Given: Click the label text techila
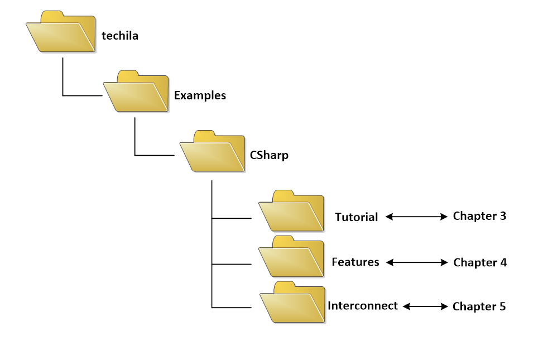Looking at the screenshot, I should [x=120, y=36].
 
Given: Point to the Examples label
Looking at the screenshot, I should [x=200, y=95].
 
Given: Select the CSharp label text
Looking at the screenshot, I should [x=270, y=155].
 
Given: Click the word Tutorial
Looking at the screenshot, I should [x=357, y=217].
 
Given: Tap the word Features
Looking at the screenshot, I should [x=356, y=261].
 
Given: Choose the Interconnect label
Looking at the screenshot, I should [x=363, y=306].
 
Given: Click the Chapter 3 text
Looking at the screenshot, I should [x=480, y=215].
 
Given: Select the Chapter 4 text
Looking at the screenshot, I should [x=480, y=262].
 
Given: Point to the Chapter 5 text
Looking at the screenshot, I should [x=479, y=306].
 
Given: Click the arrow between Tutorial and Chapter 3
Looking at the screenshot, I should [x=416, y=217].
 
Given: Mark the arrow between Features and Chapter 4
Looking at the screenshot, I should [x=416, y=262].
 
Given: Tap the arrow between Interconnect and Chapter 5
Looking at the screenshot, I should [x=425, y=306].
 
